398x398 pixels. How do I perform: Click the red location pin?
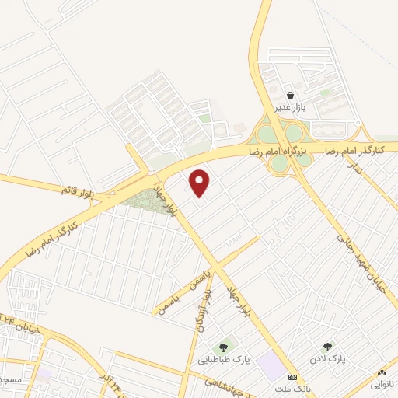point(201,183)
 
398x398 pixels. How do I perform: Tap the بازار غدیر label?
point(288,107)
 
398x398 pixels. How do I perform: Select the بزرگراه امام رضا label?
point(279,148)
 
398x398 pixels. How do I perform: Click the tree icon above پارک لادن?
point(327,347)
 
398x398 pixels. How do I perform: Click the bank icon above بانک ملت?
point(292,375)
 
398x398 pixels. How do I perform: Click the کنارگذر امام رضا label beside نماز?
point(361,148)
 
